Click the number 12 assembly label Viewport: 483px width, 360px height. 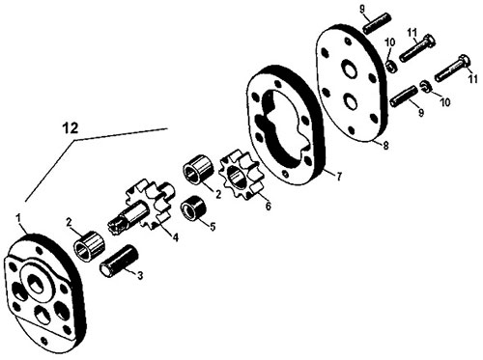coord(71,128)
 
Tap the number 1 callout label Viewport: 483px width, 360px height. coord(18,219)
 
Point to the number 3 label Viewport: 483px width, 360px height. coord(140,276)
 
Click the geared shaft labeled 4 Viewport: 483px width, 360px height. coord(142,208)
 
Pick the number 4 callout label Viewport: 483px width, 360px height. coord(175,237)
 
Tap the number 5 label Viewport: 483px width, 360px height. coord(213,227)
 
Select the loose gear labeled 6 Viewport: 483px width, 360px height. coord(240,175)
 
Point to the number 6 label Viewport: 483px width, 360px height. coord(269,206)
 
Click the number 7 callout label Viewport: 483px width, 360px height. coord(339,177)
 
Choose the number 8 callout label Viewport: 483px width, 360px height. coord(385,146)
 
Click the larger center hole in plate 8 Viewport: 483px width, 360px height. coord(349,69)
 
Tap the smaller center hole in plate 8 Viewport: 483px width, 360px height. coord(350,101)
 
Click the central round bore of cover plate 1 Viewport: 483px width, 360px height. coord(36,284)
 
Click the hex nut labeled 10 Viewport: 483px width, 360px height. coord(391,67)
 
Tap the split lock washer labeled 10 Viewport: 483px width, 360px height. coord(425,86)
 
